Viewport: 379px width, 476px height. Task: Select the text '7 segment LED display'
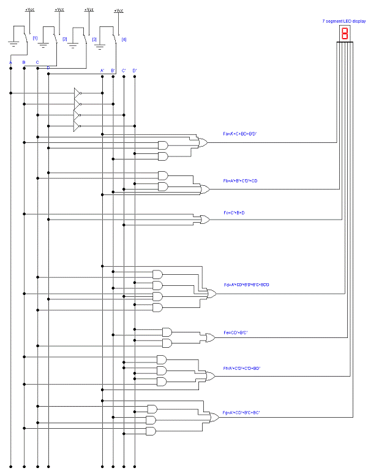[x=343, y=21]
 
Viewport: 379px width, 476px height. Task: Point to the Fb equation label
[x=241, y=181]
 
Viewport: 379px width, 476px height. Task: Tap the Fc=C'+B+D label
[x=234, y=212]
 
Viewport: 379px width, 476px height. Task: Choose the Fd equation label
[x=246, y=285]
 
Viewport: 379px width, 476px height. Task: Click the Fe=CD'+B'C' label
[x=235, y=332]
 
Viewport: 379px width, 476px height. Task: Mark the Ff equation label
[x=242, y=368]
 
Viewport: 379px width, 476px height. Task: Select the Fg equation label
[x=241, y=413]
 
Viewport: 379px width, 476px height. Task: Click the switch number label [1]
[x=35, y=39]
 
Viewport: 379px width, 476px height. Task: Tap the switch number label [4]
[x=124, y=39]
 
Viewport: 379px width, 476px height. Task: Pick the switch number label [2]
[x=65, y=39]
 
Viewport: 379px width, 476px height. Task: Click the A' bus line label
[x=102, y=71]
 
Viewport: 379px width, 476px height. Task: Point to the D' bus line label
[x=135, y=71]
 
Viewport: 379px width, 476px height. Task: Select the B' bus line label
[x=113, y=71]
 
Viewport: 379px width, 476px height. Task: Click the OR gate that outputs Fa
[x=201, y=142]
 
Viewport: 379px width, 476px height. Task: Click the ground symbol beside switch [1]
[x=13, y=43]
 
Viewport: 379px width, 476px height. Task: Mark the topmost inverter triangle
[x=77, y=93]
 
